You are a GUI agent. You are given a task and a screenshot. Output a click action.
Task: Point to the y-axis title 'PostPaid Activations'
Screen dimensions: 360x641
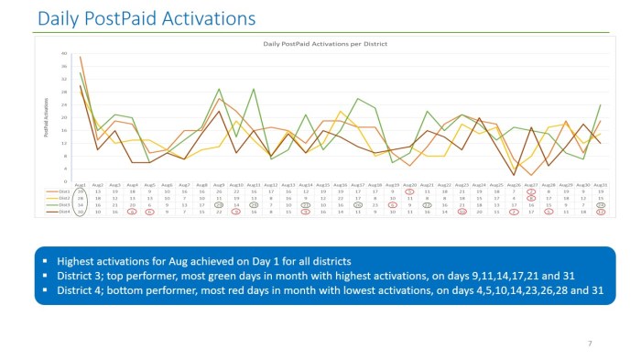point(46,119)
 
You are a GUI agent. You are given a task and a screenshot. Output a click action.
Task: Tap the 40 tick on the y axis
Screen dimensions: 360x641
point(65,53)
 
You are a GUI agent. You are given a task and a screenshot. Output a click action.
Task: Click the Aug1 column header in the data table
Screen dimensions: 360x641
point(81,184)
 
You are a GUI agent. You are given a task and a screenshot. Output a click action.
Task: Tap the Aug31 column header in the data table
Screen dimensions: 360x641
point(600,184)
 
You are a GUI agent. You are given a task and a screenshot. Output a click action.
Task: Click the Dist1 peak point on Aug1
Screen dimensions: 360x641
point(81,57)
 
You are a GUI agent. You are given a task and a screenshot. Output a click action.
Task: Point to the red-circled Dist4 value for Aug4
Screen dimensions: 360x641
point(133,211)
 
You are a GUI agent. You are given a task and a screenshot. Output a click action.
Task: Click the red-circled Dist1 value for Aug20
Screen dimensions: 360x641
point(409,191)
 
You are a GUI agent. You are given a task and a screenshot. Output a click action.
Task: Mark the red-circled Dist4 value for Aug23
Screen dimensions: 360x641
point(462,211)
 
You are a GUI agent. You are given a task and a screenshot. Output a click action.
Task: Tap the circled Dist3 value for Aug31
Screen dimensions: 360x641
point(600,204)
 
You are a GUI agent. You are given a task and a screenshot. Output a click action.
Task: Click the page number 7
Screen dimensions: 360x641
point(589,343)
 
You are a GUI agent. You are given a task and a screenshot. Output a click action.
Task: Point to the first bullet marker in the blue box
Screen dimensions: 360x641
point(45,261)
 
